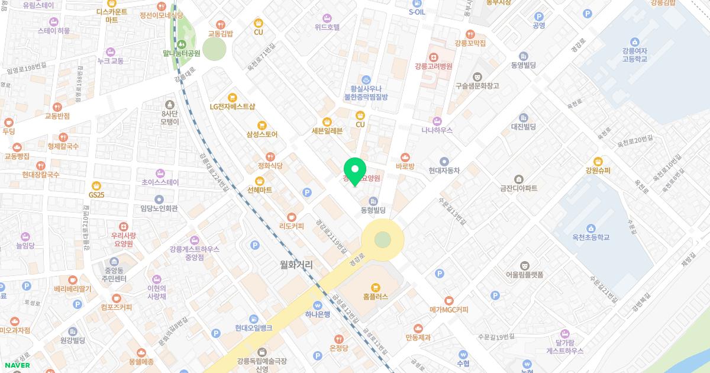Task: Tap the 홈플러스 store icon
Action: click(376, 287)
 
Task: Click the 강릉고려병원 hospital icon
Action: click(434, 57)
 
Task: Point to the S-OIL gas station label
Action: click(417, 12)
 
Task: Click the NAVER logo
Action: click(15, 365)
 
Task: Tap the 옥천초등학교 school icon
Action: click(590, 228)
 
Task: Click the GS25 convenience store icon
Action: click(96, 184)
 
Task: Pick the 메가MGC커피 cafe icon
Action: click(448, 300)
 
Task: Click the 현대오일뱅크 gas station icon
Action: click(253, 319)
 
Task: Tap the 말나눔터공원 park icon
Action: click(182, 43)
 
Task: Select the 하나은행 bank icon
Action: click(318, 305)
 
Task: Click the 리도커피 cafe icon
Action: click(291, 217)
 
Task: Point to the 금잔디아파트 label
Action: click(518, 188)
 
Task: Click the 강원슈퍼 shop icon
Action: click(598, 161)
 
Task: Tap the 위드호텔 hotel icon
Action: click(327, 18)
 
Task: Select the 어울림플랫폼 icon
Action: click(524, 265)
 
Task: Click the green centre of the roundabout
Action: click(383, 239)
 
